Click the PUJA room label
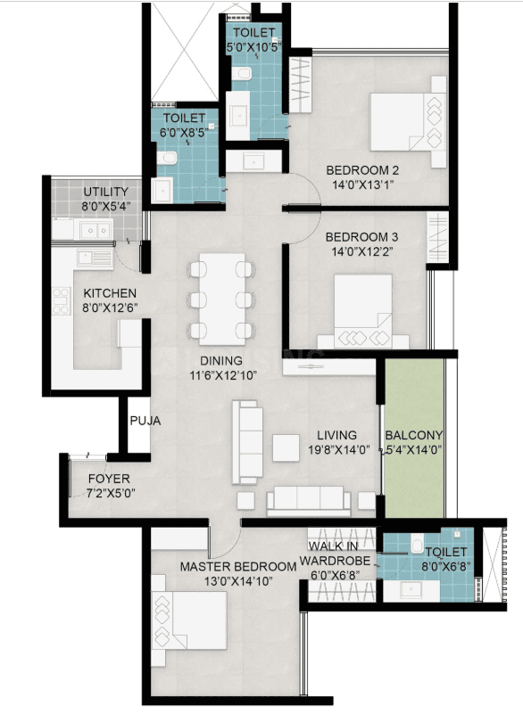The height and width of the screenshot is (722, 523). [x=145, y=421]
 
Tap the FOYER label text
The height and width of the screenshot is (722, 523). [x=109, y=479]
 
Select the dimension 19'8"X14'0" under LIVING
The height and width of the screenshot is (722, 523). [x=339, y=450]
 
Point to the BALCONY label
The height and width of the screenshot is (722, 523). [x=414, y=435]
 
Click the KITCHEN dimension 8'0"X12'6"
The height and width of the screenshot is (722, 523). [x=110, y=308]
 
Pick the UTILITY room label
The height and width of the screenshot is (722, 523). [x=105, y=192]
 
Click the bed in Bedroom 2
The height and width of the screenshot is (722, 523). [x=408, y=121]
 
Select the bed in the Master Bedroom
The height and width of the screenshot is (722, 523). [x=189, y=620]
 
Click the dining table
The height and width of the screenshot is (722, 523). [x=222, y=299]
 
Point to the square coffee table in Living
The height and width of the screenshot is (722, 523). [x=286, y=448]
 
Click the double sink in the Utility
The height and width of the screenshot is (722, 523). [x=96, y=229]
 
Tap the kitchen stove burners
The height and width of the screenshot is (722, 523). [x=62, y=301]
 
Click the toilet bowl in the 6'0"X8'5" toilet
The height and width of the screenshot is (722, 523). [x=167, y=158]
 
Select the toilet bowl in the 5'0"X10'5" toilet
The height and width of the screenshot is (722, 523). [x=241, y=74]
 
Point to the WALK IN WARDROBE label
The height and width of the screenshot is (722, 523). [x=336, y=554]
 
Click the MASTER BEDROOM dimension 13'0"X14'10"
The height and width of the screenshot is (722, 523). [x=238, y=581]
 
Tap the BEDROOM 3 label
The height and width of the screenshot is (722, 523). [x=361, y=237]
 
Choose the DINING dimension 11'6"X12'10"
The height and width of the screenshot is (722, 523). [x=223, y=375]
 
